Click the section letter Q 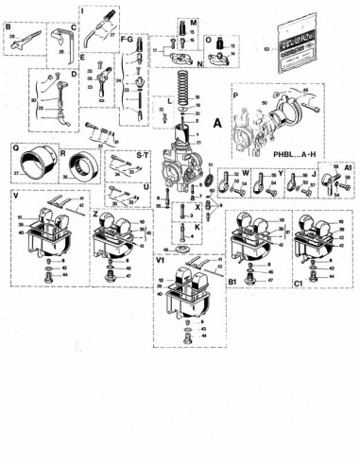click(x=15, y=147)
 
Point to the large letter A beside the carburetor click(x=218, y=122)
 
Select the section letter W click(x=245, y=172)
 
